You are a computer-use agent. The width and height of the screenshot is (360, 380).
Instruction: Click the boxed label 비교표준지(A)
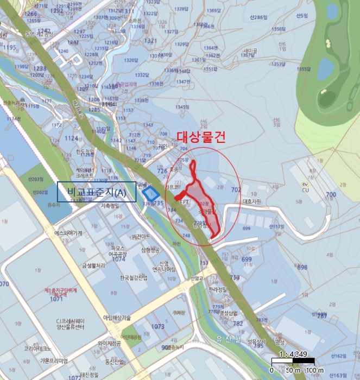(x=97, y=192)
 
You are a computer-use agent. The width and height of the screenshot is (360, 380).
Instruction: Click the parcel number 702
(x=235, y=190)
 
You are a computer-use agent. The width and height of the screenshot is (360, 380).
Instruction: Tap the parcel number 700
(x=331, y=194)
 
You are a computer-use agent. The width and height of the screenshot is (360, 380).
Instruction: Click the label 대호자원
(x=252, y=201)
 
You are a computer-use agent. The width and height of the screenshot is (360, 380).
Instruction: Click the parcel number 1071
(x=56, y=299)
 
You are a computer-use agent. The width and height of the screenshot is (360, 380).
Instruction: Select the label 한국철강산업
(x=134, y=278)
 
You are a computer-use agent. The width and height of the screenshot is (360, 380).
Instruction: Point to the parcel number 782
(x=237, y=324)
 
